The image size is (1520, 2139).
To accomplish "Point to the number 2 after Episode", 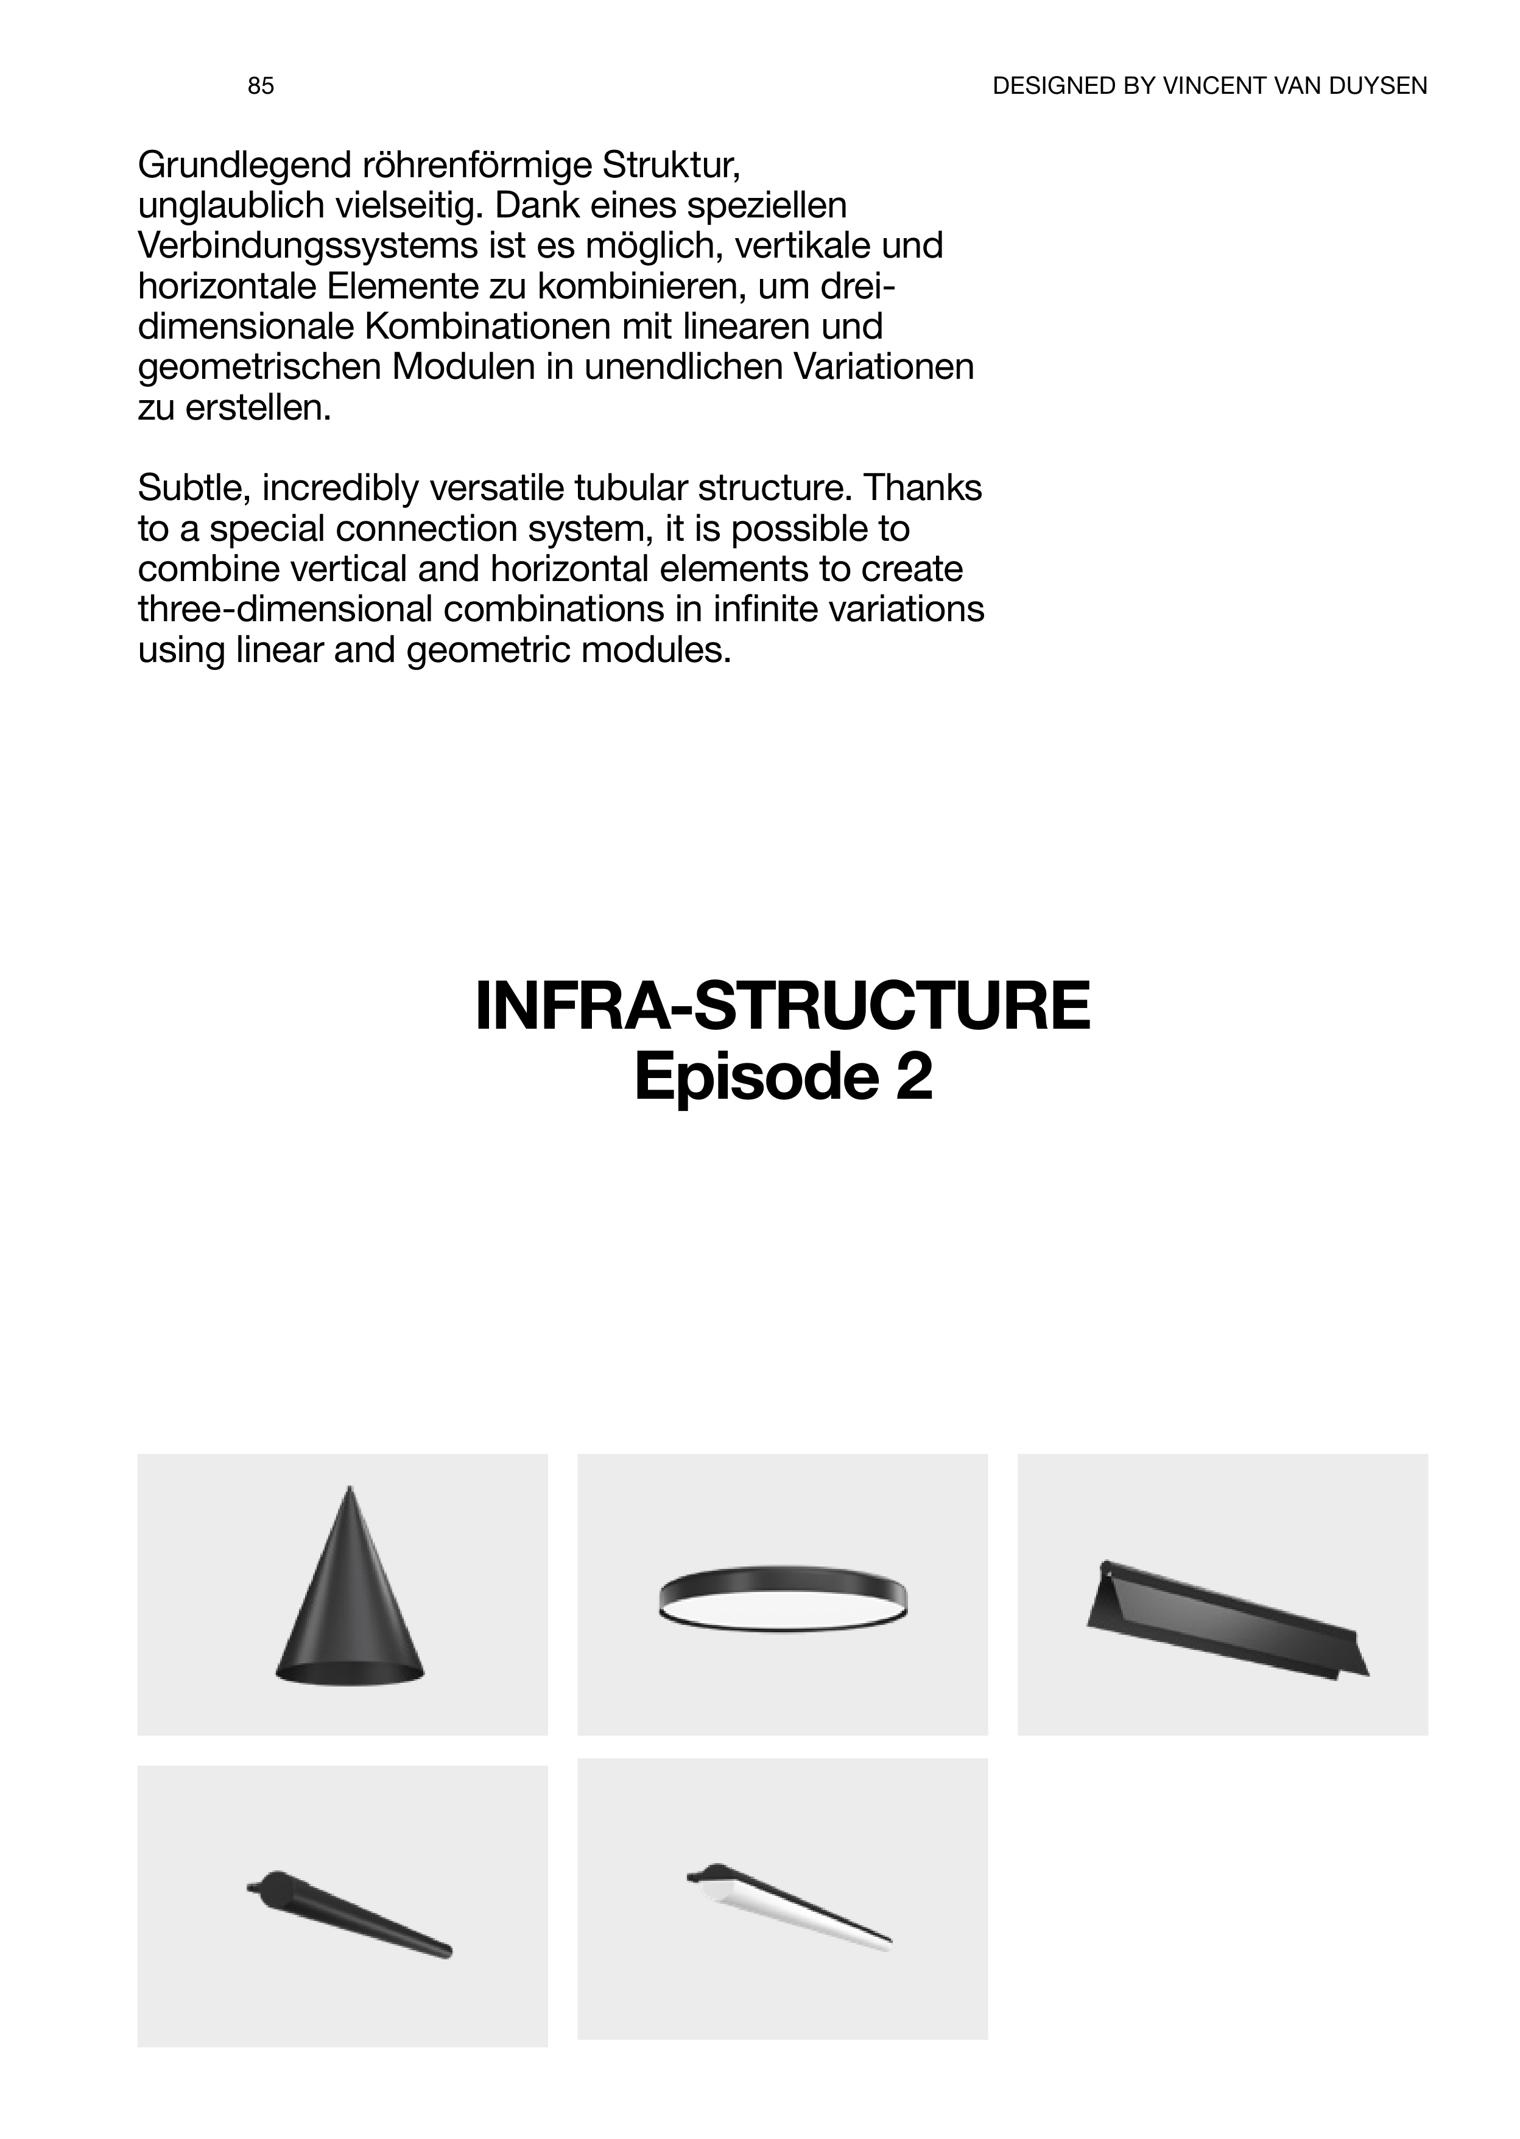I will (x=913, y=1077).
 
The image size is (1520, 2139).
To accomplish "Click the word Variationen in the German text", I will (x=884, y=367).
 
